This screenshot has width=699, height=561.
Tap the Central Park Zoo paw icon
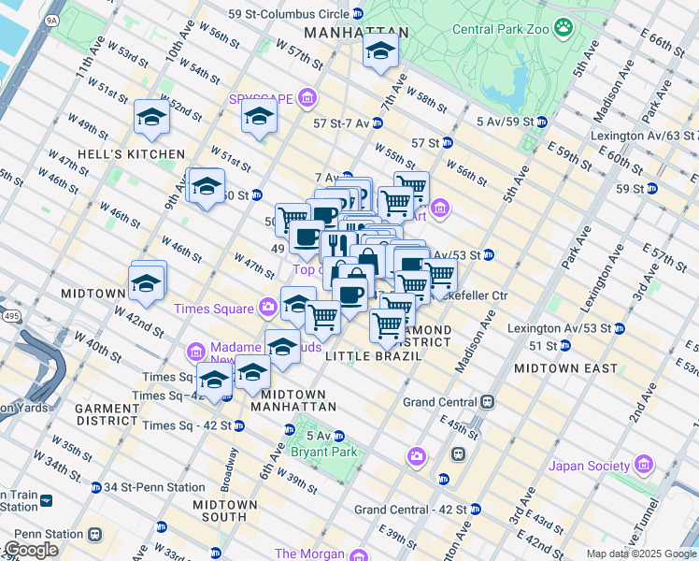(x=563, y=28)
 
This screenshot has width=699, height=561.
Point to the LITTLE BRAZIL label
(x=368, y=356)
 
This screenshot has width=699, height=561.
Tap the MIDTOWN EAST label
(x=565, y=368)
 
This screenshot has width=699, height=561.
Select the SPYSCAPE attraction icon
(x=307, y=98)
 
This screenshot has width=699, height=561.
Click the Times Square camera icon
(x=269, y=308)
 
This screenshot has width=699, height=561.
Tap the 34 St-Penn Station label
(x=154, y=487)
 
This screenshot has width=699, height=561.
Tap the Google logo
(x=31, y=550)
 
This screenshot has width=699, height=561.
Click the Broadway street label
(x=229, y=473)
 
